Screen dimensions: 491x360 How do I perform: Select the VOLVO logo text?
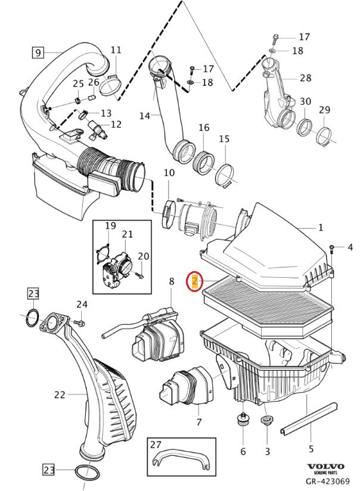pos(325,466)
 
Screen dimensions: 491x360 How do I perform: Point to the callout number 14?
pos(144,116)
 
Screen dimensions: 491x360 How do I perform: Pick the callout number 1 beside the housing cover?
pos(320,227)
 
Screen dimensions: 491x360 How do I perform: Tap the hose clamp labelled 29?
pos(325,138)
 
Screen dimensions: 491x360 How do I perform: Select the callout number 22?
pos(60,394)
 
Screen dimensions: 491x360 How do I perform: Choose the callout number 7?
pos(198,422)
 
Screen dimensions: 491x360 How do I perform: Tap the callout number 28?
pos(306,78)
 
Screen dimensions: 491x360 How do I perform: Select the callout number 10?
pos(169,173)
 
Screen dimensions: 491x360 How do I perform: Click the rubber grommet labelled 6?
pos(243,420)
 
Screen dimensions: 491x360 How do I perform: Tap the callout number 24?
pos(82,304)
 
